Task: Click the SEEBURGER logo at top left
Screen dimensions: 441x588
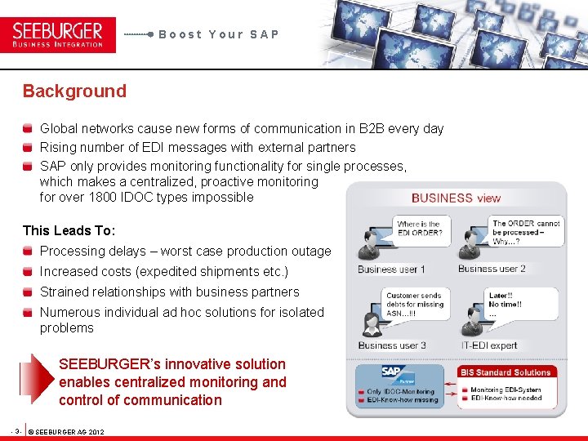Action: (x=58, y=34)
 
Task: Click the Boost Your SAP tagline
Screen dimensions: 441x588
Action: (x=219, y=34)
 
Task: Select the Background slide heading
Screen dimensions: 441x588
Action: (x=74, y=91)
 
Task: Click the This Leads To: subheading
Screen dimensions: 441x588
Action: (x=69, y=231)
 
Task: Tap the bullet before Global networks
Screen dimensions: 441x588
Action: (x=29, y=129)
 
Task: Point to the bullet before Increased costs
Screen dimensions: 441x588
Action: (x=29, y=272)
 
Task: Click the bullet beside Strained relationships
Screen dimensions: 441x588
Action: (x=29, y=292)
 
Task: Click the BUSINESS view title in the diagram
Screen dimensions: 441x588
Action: (x=456, y=198)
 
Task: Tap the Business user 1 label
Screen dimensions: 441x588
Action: (x=391, y=269)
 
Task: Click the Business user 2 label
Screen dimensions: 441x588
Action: (x=492, y=269)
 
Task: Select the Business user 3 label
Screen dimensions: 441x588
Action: (x=391, y=345)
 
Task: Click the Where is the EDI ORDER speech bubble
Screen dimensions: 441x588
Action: (x=418, y=229)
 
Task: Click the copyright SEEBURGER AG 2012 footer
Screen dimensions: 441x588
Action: (x=69, y=431)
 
